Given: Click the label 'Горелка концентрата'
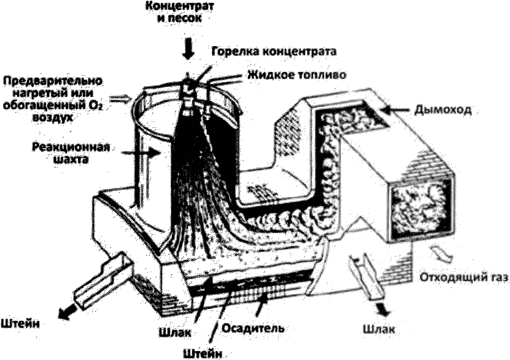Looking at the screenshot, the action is pos(274,51).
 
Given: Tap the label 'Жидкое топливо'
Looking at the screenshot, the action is pos(296,75).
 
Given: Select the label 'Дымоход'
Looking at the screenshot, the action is pos(442,110).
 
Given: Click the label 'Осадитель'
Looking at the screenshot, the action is pos(253,329).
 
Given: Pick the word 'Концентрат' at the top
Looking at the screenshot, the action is pos(180,6).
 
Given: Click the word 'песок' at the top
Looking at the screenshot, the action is pos(186,19).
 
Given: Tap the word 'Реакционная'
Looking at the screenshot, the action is pos(71,147).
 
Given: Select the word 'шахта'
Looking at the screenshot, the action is pos(71,159).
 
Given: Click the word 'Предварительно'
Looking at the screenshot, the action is pos(53,81).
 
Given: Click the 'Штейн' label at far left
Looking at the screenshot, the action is pos(20,324).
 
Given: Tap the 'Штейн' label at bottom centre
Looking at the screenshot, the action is pos(203,354).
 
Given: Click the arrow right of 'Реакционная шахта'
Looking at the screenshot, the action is pos(141,153).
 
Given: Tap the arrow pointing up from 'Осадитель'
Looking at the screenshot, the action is pos(261,305).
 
